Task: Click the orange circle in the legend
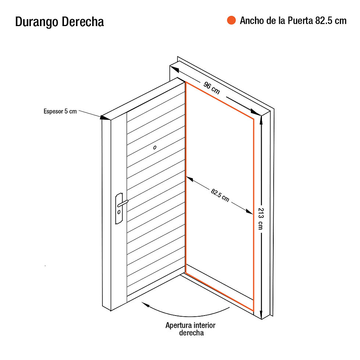coord(231,20)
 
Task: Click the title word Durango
coord(36,22)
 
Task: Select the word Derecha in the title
coord(83,22)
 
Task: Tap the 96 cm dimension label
coord(212,88)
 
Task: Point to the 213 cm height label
coord(261,219)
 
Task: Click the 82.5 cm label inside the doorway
coord(220,195)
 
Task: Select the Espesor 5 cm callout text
coord(60,111)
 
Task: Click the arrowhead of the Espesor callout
coord(105,118)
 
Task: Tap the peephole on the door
coord(155,147)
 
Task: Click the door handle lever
coord(123,204)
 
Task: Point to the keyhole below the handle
coord(119,212)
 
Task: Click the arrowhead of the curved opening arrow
coord(145,305)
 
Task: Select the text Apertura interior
coord(190,325)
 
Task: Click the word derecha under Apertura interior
coord(191,333)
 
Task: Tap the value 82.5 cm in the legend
coord(331,21)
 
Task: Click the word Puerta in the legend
coord(300,21)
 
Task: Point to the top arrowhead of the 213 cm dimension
coord(261,120)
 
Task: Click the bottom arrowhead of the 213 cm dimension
coord(261,314)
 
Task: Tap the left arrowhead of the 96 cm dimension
coord(174,69)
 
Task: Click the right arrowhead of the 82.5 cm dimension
coord(249,212)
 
